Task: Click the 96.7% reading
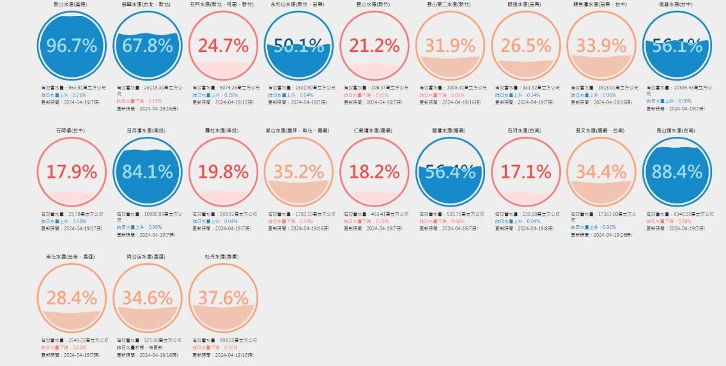pos(72,46)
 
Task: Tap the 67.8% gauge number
pos(148,46)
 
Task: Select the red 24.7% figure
pos(223,46)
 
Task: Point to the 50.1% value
pos(298,46)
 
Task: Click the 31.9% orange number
pos(450,46)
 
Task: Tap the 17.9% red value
pos(72,172)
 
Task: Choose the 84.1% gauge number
pos(148,172)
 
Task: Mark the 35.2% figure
pos(298,172)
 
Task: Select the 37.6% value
pos(223,298)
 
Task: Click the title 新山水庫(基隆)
pos(72,4)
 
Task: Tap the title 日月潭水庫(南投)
pos(148,131)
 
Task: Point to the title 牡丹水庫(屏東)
pos(223,257)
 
